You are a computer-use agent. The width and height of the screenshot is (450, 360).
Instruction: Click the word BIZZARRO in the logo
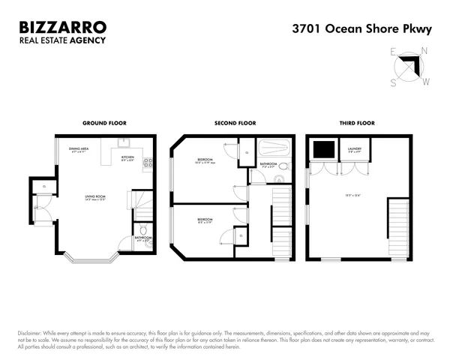pos(61,28)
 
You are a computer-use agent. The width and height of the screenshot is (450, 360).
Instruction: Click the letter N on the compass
pos(425,52)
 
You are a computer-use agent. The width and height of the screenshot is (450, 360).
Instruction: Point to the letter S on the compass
pos(393,83)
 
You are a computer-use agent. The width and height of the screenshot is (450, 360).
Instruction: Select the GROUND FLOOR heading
pos(104,122)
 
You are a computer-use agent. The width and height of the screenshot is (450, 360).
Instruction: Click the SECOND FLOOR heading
pos(236,122)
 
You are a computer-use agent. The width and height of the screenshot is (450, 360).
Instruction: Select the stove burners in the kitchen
pos(148,162)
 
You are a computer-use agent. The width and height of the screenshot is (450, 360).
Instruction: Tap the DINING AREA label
pos(79,150)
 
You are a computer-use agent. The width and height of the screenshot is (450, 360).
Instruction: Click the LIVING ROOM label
pos(95,198)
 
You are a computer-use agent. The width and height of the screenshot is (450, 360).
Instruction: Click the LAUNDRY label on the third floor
pos(355,149)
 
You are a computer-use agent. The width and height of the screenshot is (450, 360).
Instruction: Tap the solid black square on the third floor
pos(324,150)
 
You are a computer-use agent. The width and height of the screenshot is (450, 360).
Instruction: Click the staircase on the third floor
pos(398,228)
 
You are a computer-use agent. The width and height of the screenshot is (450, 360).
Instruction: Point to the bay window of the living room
pos(90,259)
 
